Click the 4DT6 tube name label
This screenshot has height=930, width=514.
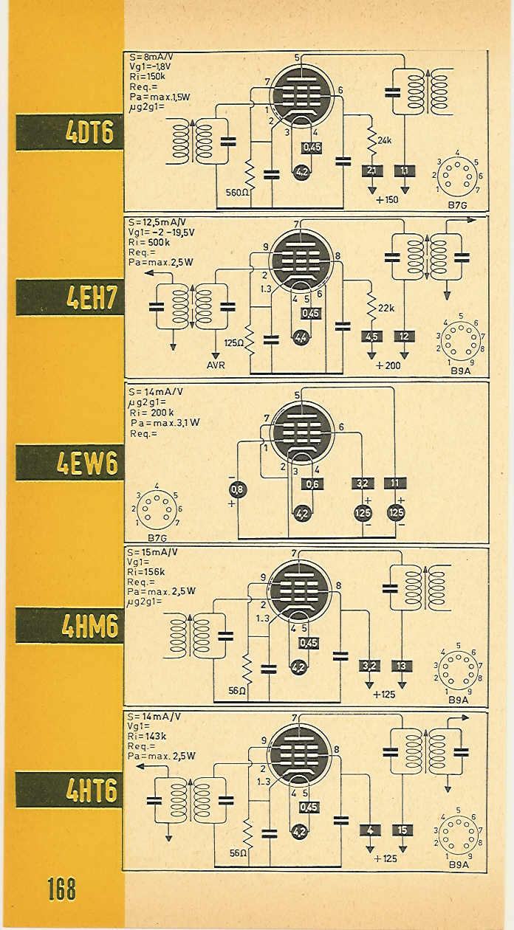click(89, 133)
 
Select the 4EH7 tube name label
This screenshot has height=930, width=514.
click(91, 297)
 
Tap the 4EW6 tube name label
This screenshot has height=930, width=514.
click(87, 463)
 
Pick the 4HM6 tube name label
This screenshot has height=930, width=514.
click(90, 626)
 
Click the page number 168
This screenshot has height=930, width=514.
click(61, 889)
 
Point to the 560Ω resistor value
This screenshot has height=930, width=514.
click(237, 192)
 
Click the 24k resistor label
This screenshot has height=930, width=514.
click(384, 141)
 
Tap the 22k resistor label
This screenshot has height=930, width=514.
click(386, 308)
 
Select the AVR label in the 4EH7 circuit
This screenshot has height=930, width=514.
click(216, 365)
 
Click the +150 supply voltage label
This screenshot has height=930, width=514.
click(387, 200)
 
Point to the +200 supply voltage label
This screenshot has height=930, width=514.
click(388, 365)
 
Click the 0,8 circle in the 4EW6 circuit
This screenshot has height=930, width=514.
click(237, 490)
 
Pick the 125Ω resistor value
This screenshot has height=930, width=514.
click(234, 343)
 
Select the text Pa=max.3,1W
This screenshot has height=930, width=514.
click(165, 423)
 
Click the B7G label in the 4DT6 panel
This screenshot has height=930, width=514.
click(457, 204)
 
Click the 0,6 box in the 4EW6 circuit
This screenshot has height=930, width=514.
click(312, 483)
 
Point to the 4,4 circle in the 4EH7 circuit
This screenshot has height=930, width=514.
click(301, 338)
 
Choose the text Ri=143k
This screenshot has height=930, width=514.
click(147, 736)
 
